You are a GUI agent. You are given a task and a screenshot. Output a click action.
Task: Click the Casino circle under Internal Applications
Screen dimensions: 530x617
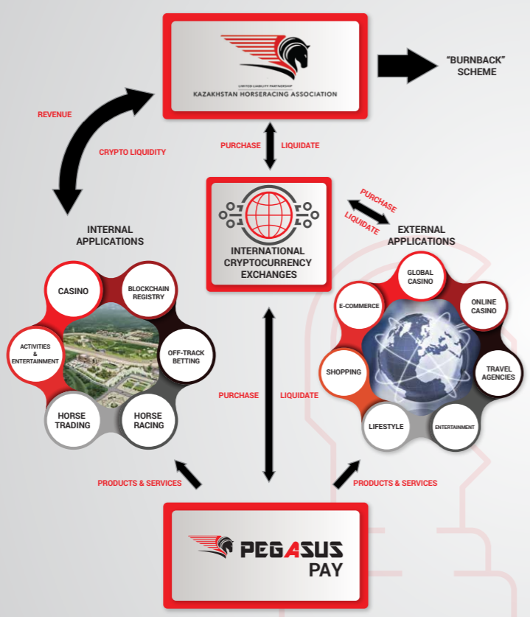click(73, 290)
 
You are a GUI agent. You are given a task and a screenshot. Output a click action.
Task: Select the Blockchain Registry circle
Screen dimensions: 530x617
click(148, 292)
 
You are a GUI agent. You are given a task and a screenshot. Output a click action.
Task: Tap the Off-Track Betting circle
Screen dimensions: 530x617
click(186, 357)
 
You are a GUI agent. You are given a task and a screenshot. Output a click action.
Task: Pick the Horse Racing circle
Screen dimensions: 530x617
click(148, 421)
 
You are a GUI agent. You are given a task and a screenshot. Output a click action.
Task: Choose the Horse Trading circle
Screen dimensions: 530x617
click(72, 421)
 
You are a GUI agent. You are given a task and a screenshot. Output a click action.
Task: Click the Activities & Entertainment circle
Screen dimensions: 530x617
click(35, 354)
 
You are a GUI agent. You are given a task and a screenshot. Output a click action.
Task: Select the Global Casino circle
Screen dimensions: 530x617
click(420, 276)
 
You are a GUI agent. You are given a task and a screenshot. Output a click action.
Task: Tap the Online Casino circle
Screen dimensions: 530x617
click(484, 306)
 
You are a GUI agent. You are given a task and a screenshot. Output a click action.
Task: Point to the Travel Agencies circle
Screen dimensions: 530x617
click(498, 373)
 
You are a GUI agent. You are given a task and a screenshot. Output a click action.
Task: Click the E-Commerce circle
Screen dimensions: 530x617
click(359, 306)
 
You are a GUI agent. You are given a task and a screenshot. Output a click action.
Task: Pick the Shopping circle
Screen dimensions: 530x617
click(344, 372)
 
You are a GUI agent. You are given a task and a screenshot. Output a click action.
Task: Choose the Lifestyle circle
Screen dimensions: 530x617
click(386, 426)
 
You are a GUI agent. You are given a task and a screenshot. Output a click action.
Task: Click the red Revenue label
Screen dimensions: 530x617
click(55, 114)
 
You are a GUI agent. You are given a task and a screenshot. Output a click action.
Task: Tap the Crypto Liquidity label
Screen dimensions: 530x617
click(132, 152)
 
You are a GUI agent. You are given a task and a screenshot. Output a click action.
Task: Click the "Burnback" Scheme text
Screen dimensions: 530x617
click(476, 66)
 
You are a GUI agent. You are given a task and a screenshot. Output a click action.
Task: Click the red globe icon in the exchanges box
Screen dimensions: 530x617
click(269, 215)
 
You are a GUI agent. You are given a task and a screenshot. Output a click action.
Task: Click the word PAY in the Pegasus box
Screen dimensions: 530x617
click(325, 570)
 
